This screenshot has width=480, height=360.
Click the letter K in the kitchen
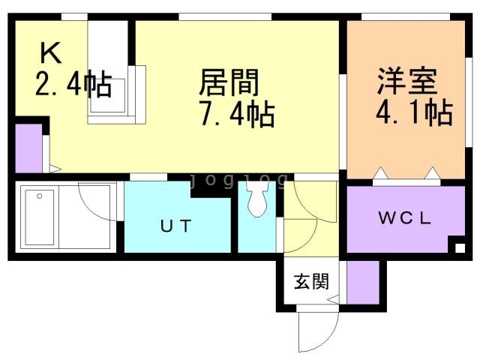(x=51, y=52)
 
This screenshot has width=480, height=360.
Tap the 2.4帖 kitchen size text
(x=73, y=83)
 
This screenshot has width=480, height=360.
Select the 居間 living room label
(x=229, y=82)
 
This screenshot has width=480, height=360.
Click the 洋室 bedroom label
(x=407, y=80)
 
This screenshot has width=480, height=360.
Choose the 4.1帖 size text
(x=414, y=112)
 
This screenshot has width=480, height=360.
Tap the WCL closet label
(x=405, y=217)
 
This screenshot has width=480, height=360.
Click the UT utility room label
(x=176, y=226)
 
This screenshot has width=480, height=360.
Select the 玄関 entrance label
(x=311, y=281)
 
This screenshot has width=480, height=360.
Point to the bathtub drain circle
(x=39, y=196)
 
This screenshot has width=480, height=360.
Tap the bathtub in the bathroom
(x=40, y=217)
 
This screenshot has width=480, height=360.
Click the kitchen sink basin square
(x=107, y=95)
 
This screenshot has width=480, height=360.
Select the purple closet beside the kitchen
(x=28, y=148)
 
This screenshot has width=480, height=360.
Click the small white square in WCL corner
(x=460, y=247)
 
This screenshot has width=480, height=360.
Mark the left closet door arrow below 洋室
(x=380, y=173)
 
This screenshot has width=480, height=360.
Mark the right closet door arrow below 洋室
(x=433, y=173)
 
